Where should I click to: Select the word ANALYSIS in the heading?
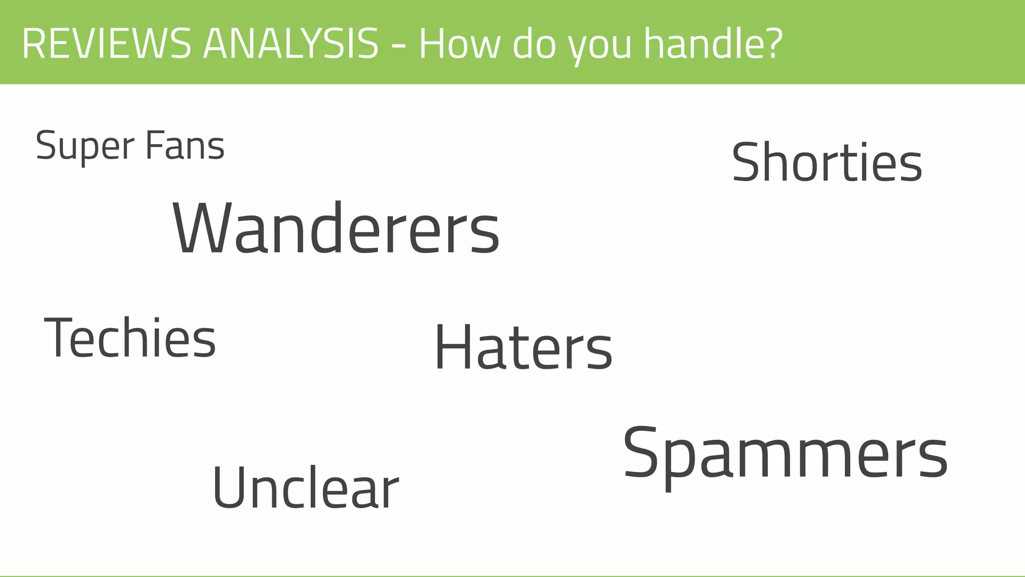coord(290,44)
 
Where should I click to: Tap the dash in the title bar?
coord(399,47)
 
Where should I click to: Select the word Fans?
coord(185,146)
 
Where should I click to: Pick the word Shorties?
coord(827,162)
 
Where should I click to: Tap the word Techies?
coord(130,338)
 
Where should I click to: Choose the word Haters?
coord(524,348)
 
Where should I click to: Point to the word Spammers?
coord(785,454)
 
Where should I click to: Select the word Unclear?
coord(305,488)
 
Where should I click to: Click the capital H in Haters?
coord(453,347)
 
